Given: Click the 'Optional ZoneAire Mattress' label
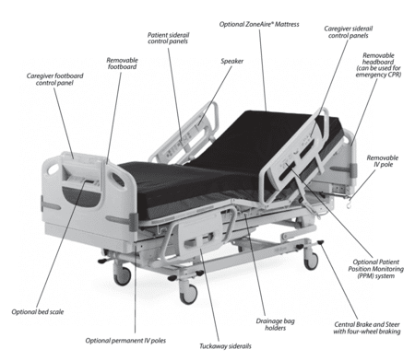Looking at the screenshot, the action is point(259,24).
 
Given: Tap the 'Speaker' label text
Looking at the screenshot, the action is point(232,61).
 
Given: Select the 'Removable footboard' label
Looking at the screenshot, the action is point(122,64).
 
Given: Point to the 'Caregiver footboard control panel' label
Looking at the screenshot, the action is point(54,79).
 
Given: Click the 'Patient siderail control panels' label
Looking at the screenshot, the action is point(168,38).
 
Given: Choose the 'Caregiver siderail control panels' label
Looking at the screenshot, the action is point(349,32).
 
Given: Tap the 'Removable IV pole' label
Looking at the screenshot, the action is point(383,161).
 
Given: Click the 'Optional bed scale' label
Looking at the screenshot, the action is point(38,312).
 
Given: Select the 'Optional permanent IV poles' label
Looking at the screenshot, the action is point(125,341).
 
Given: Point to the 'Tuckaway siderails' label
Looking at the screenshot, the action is point(225,346).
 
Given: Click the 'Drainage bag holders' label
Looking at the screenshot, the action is point(275,324).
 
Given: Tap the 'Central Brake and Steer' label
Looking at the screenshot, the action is point(367,324).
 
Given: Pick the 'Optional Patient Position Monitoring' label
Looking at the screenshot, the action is point(375,269).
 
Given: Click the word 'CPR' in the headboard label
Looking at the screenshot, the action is point(395,75).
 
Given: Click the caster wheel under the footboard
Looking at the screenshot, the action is point(123,275).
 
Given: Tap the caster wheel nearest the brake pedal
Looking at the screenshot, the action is point(311,261).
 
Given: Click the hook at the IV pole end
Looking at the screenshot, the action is point(350,204).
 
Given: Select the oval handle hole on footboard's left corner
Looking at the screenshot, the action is point(53,169).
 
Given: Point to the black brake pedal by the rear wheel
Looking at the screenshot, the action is point(321,242).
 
